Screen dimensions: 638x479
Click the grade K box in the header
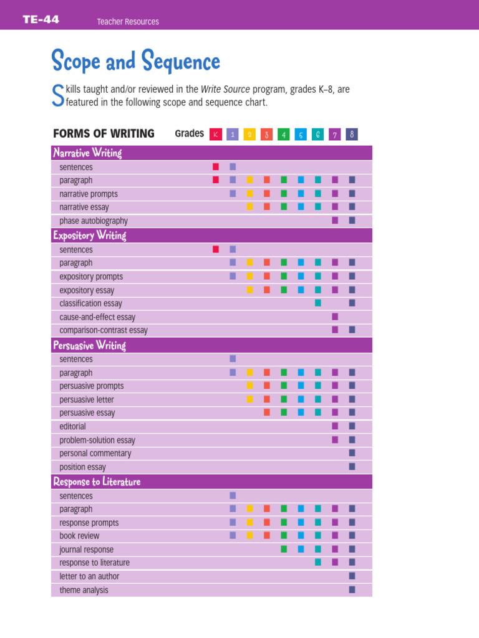tap(216, 134)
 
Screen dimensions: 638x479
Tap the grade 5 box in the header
tap(301, 134)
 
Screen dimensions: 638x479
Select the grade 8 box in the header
tap(352, 134)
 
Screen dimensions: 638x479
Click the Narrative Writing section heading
tap(87, 153)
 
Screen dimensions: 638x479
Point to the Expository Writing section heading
tap(90, 236)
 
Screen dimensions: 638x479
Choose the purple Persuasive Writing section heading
tap(89, 345)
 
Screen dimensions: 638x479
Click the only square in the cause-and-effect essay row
tap(335, 317)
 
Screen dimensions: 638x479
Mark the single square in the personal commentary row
tap(352, 453)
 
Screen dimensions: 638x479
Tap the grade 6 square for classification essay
tap(318, 303)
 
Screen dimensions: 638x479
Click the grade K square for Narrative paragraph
tap(216, 180)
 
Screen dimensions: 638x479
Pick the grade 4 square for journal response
tap(284, 549)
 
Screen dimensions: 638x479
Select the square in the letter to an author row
tap(352, 576)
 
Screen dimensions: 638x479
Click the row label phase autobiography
tap(94, 221)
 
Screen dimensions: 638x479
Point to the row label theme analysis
tap(84, 590)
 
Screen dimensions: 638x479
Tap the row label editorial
tap(72, 427)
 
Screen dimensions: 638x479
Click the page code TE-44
tap(41, 20)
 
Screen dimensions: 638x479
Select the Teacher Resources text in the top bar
tap(128, 22)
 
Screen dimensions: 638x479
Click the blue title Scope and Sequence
tap(135, 61)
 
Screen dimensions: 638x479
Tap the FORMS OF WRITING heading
tap(104, 133)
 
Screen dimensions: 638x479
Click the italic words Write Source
tap(225, 90)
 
